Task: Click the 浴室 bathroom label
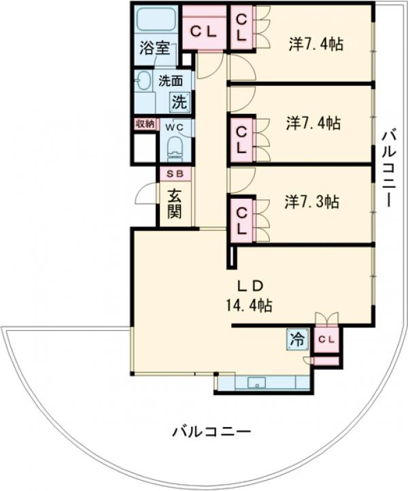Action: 155,49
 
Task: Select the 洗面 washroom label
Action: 171,81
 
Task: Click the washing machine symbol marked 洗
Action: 180,101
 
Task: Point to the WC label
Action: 175,127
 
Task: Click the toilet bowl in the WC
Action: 175,149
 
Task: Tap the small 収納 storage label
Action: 146,124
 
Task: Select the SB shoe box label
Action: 175,174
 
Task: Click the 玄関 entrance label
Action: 174,204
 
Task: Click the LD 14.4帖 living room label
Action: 250,296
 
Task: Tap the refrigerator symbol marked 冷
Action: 297,339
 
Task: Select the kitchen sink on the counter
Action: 256,383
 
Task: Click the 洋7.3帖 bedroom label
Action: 311,202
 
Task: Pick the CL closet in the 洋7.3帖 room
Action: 241,221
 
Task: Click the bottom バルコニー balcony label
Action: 211,432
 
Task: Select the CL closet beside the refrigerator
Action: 326,339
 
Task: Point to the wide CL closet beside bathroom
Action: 203,31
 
